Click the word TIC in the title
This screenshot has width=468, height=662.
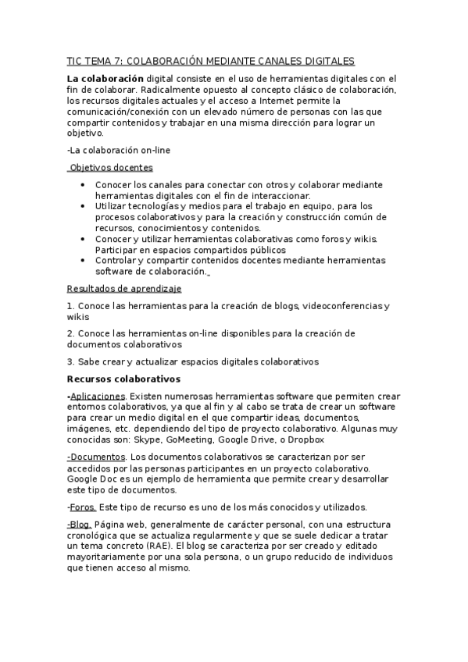tap(73, 61)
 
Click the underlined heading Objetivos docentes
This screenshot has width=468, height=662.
tap(111, 168)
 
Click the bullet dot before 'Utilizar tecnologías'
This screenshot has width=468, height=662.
tap(84, 205)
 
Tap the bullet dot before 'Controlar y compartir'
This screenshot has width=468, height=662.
tap(84, 260)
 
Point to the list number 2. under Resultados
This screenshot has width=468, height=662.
tap(70, 333)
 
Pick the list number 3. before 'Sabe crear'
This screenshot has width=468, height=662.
tap(70, 361)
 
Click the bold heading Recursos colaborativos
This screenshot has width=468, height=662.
tap(123, 379)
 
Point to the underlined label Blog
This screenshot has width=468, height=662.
tap(80, 525)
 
